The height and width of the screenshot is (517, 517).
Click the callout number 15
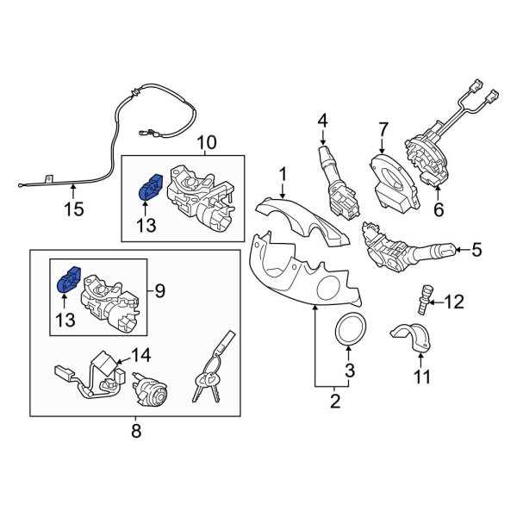coord(74,208)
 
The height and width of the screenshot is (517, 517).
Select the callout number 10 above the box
coord(207,142)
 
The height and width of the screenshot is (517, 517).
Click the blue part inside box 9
coord(68,283)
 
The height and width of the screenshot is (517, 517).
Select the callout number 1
coord(281,177)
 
